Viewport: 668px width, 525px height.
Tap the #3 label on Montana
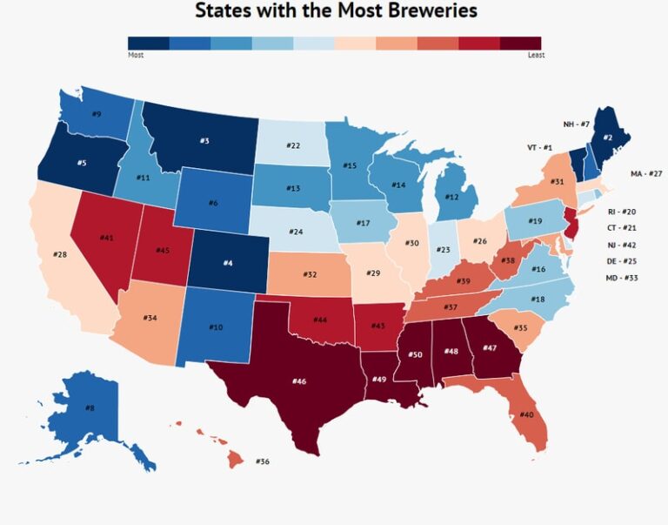click(204, 140)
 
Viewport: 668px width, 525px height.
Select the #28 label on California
click(60, 254)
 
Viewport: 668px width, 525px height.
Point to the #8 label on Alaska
click(90, 407)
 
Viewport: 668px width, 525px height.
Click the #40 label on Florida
click(526, 415)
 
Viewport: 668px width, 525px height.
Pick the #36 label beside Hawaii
click(263, 461)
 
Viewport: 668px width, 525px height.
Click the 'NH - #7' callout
click(576, 125)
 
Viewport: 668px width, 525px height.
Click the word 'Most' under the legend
click(135, 55)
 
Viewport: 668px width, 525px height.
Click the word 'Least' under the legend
click(536, 55)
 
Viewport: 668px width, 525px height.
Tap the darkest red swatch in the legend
click(520, 43)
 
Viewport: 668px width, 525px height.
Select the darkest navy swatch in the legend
click(148, 43)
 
